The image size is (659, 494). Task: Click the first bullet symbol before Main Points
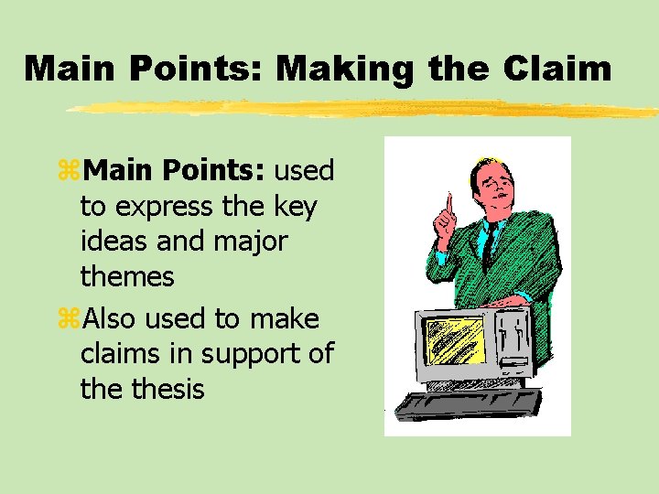click(x=69, y=171)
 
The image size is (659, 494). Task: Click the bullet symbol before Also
click(x=69, y=319)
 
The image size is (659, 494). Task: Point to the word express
click(x=165, y=207)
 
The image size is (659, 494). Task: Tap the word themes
click(x=127, y=275)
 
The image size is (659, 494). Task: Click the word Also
click(x=112, y=318)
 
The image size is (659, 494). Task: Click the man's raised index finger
click(x=449, y=202)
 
